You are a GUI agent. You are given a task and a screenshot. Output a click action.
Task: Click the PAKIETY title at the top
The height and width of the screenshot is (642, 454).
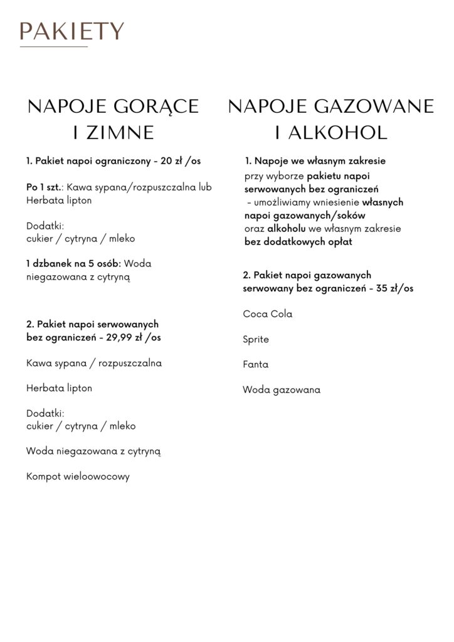[71, 30]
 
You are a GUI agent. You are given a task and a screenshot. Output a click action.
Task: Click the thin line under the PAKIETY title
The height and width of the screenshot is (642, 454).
[54, 47]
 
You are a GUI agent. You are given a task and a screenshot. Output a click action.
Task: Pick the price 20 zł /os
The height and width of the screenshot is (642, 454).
[181, 162]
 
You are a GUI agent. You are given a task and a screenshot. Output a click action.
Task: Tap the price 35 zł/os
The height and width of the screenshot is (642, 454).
[391, 288]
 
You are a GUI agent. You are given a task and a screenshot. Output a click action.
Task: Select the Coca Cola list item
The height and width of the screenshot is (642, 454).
[267, 314]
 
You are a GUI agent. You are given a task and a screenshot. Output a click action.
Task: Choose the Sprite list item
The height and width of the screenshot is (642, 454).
[255, 339]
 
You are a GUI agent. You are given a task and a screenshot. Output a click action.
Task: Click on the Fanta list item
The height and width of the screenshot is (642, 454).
[255, 364]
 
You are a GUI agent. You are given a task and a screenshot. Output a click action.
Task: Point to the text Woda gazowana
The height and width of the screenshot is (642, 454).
[281, 390]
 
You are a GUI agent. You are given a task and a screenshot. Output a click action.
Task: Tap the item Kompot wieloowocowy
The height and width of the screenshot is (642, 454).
[78, 476]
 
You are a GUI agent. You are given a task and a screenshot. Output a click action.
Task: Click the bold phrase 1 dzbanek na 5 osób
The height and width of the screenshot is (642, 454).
[69, 264]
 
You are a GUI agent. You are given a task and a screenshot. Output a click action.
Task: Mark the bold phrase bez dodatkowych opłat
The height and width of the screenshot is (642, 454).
[298, 242]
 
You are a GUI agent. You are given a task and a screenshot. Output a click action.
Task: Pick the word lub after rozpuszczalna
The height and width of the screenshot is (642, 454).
[203, 187]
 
